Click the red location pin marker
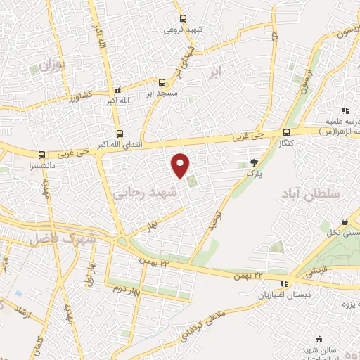(181, 165)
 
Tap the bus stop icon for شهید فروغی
(184, 19)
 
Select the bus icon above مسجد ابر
(162, 82)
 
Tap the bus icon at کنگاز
(285, 132)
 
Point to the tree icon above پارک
(254, 163)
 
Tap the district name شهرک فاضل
(62, 238)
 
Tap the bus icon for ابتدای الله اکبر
(119, 134)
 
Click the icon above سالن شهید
(320, 339)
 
